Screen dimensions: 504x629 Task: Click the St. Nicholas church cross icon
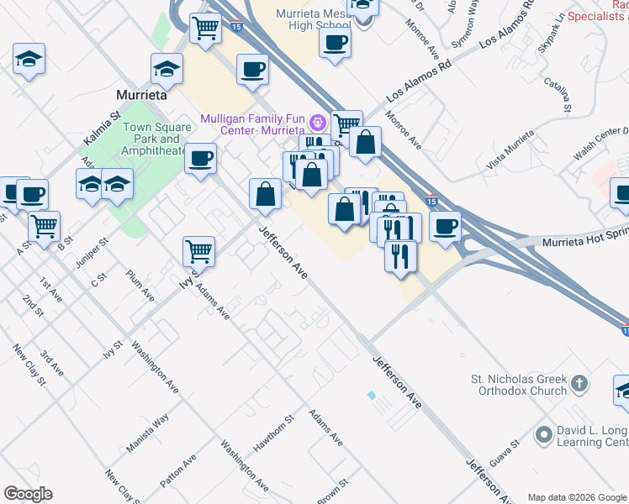[579, 385]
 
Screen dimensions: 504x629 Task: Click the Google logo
[28, 494]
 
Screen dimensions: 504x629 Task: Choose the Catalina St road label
[558, 95]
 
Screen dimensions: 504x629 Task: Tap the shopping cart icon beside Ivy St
[198, 249]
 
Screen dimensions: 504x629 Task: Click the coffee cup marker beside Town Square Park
[200, 157]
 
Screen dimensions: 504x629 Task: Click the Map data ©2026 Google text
[577, 497]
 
